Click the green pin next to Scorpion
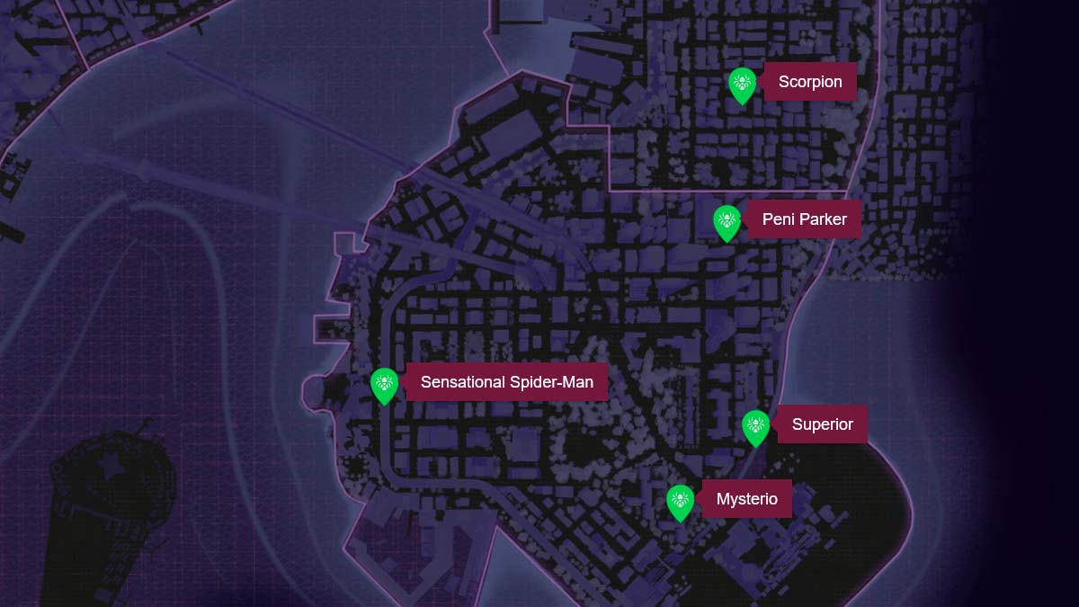tap(742, 85)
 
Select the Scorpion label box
tap(810, 82)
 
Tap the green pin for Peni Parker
tap(727, 221)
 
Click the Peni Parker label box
tap(804, 219)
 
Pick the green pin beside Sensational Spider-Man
tap(384, 385)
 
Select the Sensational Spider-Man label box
tap(507, 382)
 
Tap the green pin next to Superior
tap(756, 427)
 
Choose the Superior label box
tap(822, 424)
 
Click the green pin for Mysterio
tap(681, 502)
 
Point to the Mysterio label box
tap(746, 498)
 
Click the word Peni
tap(779, 219)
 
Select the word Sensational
tap(463, 382)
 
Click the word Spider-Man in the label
tap(552, 382)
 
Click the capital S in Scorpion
tap(784, 82)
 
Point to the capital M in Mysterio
tap(723, 498)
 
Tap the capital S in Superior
tap(798, 424)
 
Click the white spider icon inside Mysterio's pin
tap(681, 498)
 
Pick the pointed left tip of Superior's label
tap(775, 424)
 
